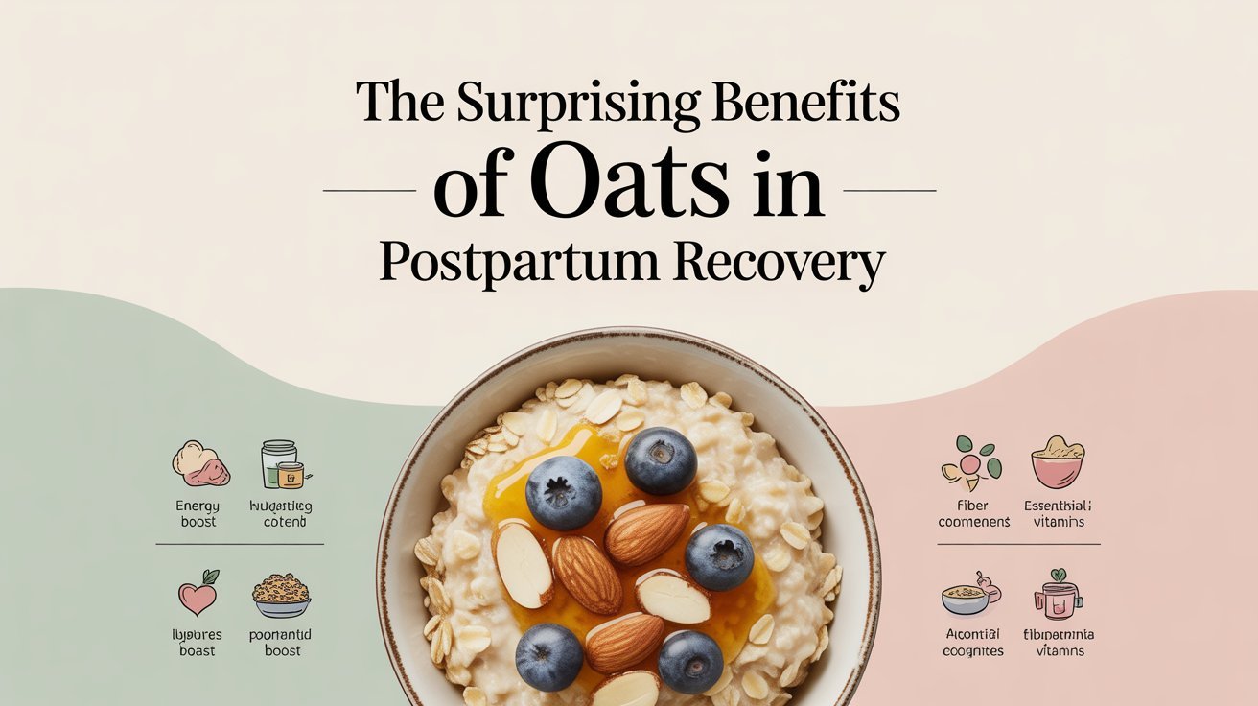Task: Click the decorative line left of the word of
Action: [x=370, y=191]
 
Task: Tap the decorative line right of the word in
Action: [x=888, y=191]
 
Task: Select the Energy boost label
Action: [x=198, y=513]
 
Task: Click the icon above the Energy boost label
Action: [x=200, y=463]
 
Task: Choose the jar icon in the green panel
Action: [x=282, y=464]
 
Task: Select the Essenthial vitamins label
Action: [x=1058, y=513]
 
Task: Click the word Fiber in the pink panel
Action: [x=972, y=505]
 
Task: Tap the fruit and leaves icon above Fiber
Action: [x=970, y=460]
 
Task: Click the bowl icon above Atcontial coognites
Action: [x=969, y=597]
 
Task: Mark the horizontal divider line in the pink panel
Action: [x=1018, y=544]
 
